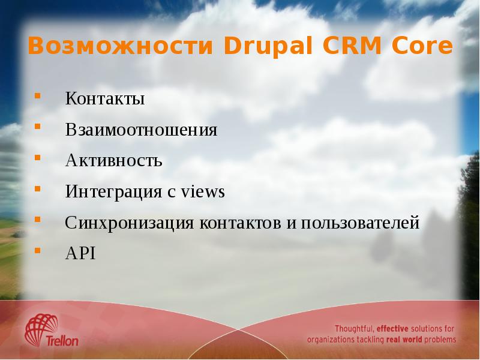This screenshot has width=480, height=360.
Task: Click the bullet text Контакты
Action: click(105, 98)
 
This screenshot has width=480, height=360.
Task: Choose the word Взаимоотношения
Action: click(141, 130)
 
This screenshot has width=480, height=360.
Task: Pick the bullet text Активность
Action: click(113, 161)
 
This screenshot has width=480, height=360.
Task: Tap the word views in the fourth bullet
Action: click(202, 193)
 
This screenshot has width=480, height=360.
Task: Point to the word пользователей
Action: click(360, 224)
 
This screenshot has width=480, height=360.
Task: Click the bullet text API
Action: click(80, 254)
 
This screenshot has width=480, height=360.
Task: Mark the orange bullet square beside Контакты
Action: click(38, 95)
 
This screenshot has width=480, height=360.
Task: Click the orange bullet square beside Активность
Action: click(38, 158)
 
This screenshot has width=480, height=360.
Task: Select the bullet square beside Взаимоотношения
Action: click(38, 127)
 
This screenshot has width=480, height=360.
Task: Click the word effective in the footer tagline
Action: click(397, 329)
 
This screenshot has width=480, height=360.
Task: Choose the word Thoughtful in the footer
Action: click(355, 329)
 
